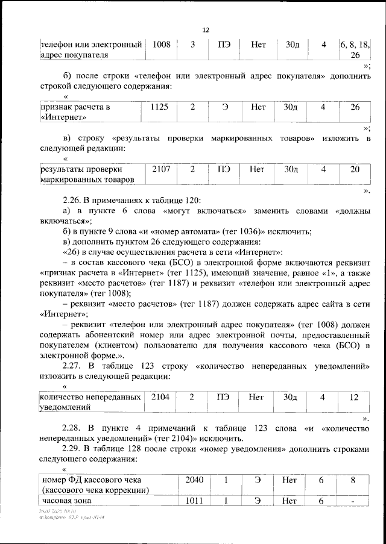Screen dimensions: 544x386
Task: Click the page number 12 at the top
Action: click(x=206, y=30)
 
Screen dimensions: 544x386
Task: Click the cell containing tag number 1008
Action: click(x=161, y=45)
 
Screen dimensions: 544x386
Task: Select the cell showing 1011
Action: click(x=194, y=500)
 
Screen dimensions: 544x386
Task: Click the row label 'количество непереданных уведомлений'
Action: click(x=90, y=402)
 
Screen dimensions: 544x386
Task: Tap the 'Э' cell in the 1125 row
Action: click(x=224, y=107)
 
